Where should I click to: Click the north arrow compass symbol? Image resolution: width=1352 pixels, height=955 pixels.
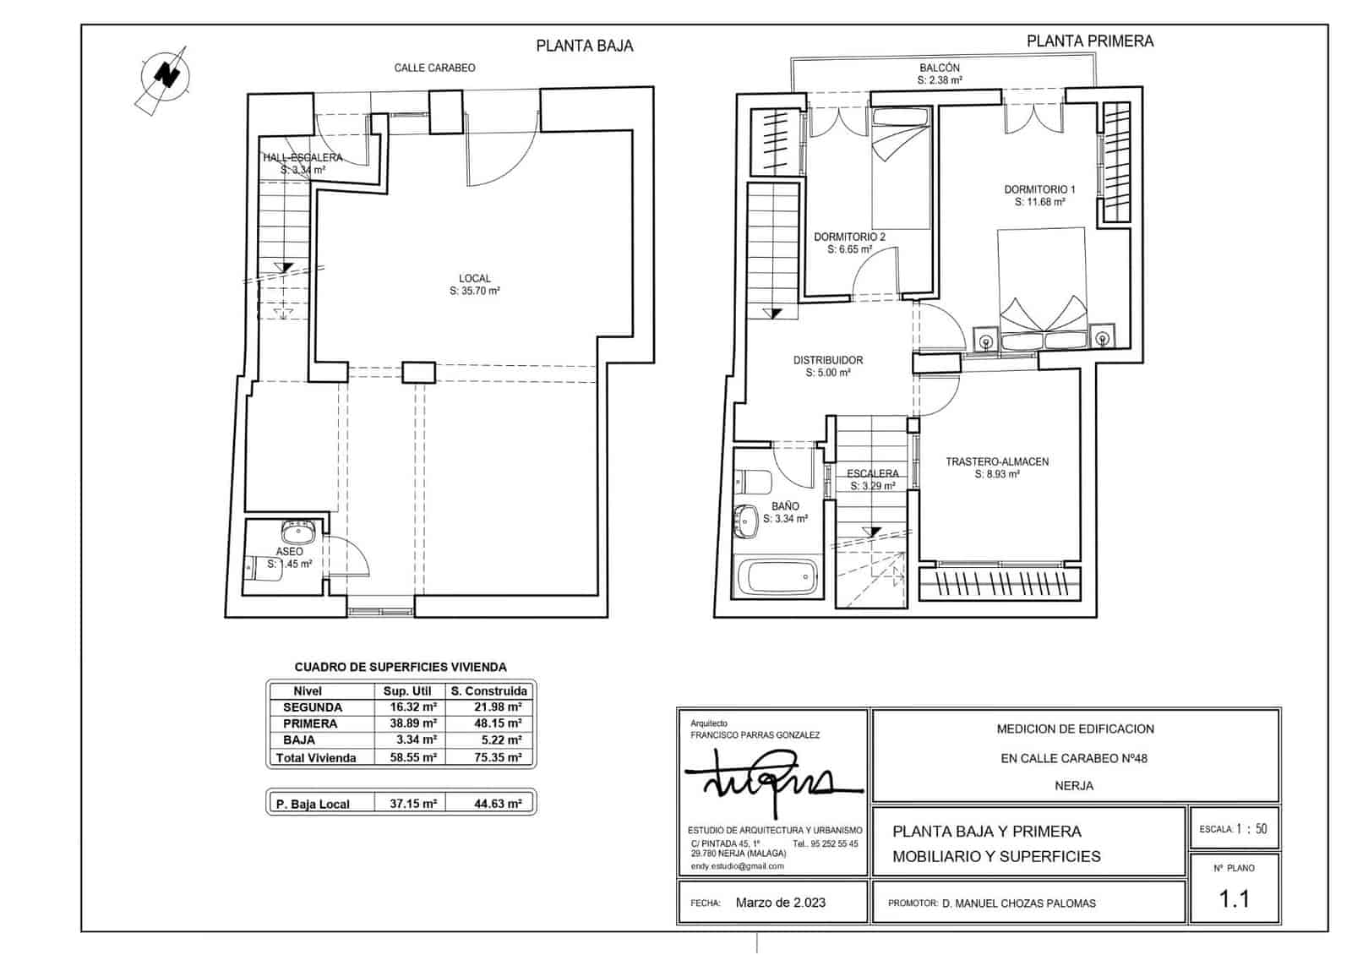tap(166, 77)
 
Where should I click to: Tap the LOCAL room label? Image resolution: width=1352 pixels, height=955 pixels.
tap(474, 279)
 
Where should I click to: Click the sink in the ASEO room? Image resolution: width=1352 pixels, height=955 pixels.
tap(297, 533)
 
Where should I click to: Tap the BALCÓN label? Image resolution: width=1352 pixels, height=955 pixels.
tap(940, 68)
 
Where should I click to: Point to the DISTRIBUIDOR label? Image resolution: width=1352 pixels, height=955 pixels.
tap(827, 361)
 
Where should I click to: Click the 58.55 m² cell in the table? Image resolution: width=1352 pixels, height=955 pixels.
tap(413, 758)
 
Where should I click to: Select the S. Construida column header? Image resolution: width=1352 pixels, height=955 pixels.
tap(489, 691)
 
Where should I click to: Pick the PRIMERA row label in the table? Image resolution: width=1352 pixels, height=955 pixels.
tap(310, 724)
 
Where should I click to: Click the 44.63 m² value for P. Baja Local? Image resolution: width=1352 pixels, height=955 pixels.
tap(498, 805)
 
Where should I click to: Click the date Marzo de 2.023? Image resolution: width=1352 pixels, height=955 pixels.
tap(780, 903)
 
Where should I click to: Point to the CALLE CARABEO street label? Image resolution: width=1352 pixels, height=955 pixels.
tap(434, 68)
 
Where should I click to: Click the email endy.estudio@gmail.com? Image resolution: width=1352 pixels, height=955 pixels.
tap(737, 866)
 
